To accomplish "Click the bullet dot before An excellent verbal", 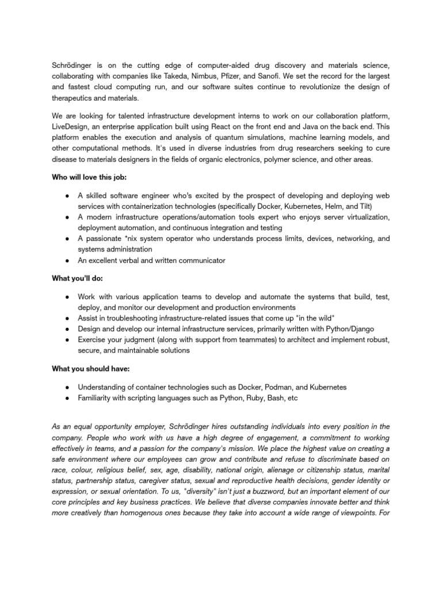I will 67,260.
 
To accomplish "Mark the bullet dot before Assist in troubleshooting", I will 67,318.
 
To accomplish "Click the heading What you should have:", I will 85,370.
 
